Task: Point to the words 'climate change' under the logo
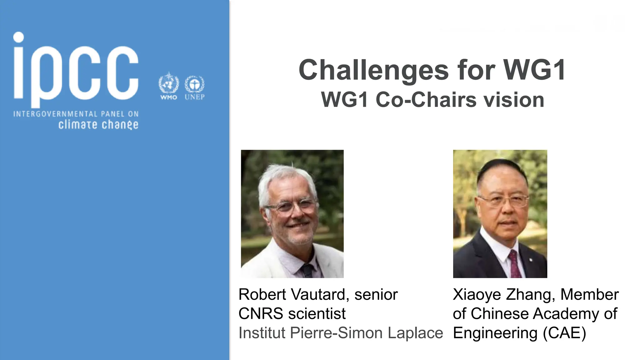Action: click(x=98, y=124)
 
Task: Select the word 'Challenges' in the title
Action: click(x=374, y=70)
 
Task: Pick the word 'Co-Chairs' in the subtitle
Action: click(x=427, y=100)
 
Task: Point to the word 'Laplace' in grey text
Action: click(x=415, y=332)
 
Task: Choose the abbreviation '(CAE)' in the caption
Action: click(x=564, y=332)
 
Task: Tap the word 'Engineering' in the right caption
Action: click(x=495, y=333)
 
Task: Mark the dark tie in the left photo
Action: click(x=307, y=271)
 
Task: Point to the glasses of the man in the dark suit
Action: click(x=504, y=200)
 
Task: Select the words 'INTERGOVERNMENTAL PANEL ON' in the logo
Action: click(x=76, y=114)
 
